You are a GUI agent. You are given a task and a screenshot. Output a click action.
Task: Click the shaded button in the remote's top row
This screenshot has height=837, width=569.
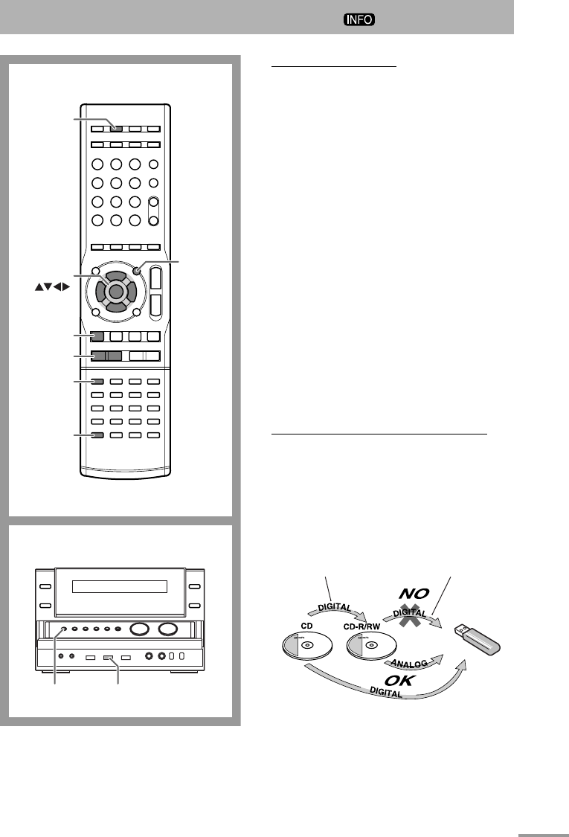[x=116, y=127]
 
